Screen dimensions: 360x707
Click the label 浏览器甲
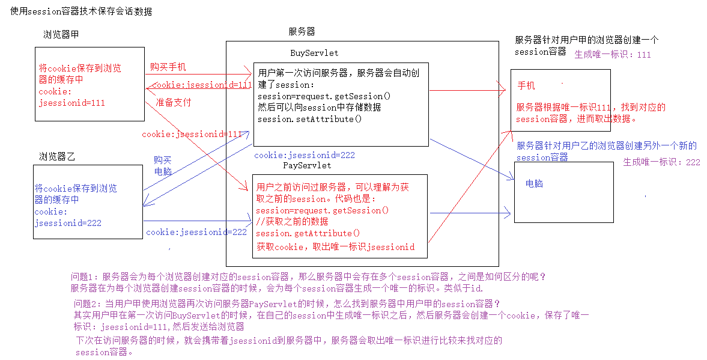point(61,34)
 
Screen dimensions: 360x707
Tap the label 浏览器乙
point(57,157)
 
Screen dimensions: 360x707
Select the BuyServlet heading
point(314,53)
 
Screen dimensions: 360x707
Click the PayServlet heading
point(306,165)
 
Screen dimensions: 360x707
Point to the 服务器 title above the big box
point(302,31)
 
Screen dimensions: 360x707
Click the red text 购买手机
point(168,66)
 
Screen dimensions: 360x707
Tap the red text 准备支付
point(173,102)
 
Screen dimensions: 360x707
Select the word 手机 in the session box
point(526,86)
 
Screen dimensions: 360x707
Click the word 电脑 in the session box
point(534,183)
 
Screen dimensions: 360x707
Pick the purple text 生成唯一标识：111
point(613,55)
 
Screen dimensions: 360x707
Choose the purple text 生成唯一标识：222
point(661,162)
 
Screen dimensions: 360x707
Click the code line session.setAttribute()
point(310,118)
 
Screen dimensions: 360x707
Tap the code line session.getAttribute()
point(308,233)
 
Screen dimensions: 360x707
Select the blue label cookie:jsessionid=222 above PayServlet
point(305,155)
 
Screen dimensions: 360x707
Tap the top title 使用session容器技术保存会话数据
point(81,11)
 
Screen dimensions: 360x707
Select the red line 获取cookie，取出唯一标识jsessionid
point(335,246)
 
